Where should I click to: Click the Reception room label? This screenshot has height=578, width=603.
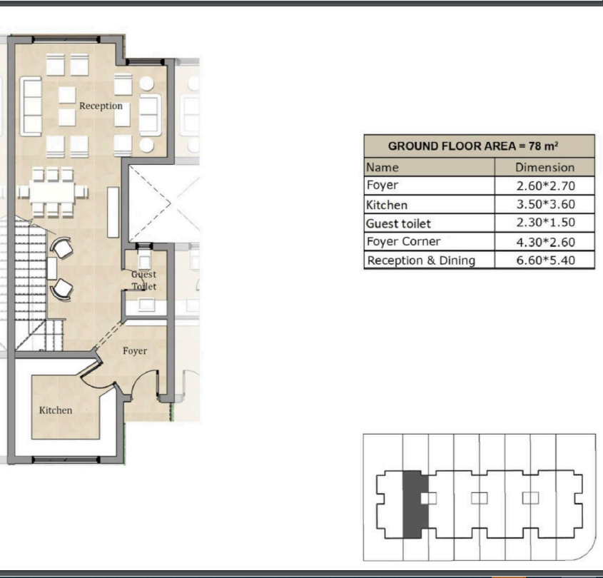(101, 106)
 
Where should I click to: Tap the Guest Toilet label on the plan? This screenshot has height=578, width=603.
(144, 280)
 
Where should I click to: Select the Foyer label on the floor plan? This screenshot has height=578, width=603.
(135, 350)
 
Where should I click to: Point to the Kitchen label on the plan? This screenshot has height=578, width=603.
(56, 410)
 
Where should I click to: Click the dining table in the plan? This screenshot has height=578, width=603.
(52, 191)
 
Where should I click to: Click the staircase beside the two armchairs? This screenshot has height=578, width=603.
(31, 285)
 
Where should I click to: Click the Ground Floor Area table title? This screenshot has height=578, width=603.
(473, 146)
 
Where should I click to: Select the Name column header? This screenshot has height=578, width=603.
(382, 167)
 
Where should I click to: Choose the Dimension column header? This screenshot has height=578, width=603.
(544, 167)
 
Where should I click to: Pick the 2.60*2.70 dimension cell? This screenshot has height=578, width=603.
(545, 186)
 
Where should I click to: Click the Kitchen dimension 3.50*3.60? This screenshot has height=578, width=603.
(545, 204)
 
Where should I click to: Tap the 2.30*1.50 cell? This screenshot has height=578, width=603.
(545, 222)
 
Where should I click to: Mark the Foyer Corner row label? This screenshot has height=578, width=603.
(403, 241)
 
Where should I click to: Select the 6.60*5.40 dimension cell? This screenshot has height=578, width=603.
(545, 260)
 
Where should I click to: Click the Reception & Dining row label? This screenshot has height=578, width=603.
(422, 260)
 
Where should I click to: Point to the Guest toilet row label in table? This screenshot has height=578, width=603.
(398, 223)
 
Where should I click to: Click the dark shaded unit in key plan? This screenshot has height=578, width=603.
(415, 505)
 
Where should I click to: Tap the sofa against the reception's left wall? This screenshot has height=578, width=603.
(31, 106)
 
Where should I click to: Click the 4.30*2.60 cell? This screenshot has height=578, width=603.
(545, 242)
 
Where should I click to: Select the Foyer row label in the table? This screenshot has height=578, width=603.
(382, 185)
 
